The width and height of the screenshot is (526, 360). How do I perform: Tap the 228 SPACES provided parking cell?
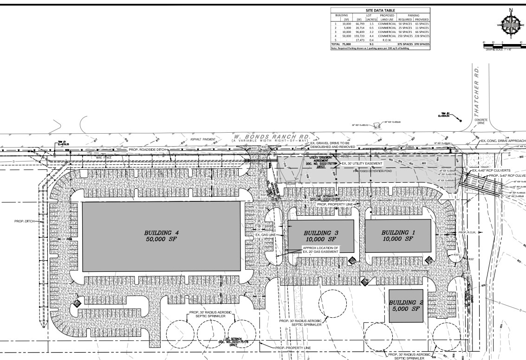click(422, 35)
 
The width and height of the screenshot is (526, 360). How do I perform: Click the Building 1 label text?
click(396, 235)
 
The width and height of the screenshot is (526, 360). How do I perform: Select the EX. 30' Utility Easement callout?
click(362, 164)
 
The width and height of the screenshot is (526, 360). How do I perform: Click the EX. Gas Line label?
click(266, 235)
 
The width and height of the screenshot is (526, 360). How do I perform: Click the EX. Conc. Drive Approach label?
click(503, 141)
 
